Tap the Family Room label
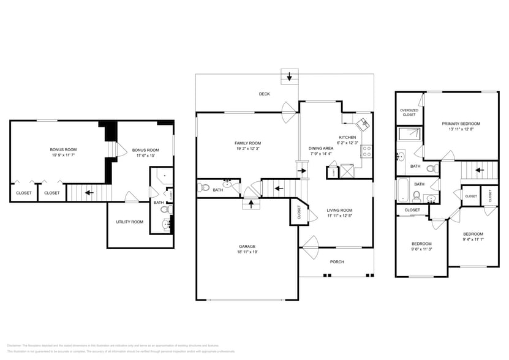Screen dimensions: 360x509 (248, 143)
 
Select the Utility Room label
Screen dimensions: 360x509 (129, 222)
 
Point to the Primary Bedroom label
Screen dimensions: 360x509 (461, 124)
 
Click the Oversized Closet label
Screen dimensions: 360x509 (409, 113)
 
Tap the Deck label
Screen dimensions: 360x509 (264, 94)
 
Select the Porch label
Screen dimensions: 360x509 (337, 261)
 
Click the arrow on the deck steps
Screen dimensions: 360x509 (288, 77)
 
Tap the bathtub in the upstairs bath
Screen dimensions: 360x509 (402, 190)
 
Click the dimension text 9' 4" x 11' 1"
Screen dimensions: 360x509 (473, 240)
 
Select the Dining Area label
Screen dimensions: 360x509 (321, 148)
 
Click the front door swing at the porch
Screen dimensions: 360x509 (308, 246)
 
